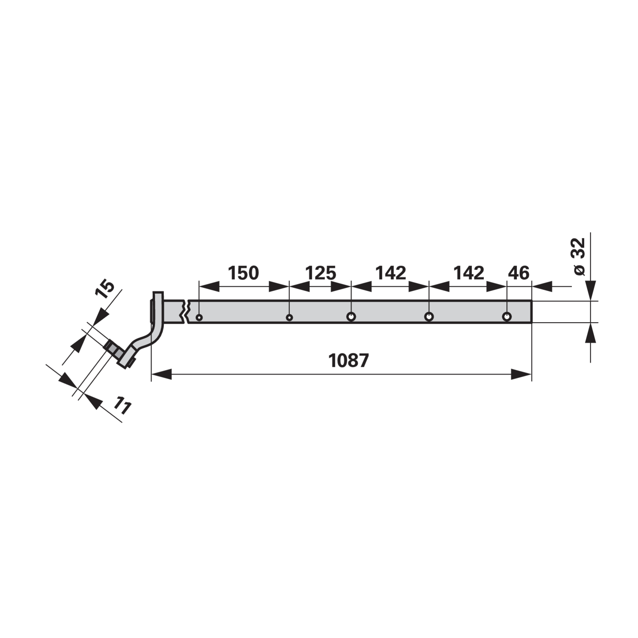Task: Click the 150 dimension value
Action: (243, 273)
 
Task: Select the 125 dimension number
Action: (321, 273)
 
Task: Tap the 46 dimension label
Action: (518, 273)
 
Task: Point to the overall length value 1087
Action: (349, 361)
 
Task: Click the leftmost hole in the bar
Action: (199, 317)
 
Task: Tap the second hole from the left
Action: (289, 317)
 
